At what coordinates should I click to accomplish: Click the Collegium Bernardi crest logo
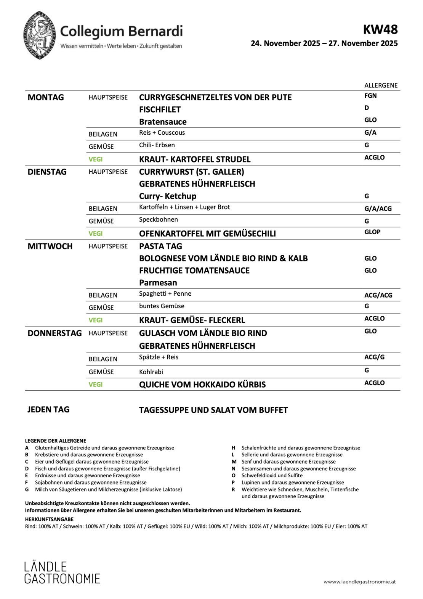[x=40, y=35]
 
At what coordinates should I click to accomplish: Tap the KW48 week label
[x=380, y=29]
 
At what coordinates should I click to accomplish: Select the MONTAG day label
[x=46, y=97]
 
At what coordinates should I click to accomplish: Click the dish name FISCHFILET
[x=160, y=109]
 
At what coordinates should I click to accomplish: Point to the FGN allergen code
[x=370, y=96]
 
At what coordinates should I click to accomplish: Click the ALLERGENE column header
[x=381, y=85]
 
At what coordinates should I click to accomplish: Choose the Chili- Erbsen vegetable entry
[x=157, y=145]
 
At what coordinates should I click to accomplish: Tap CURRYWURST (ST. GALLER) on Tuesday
[x=191, y=172]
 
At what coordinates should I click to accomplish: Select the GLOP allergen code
[x=372, y=232]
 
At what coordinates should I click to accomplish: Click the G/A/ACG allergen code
[x=378, y=208]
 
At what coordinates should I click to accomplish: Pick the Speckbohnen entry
[x=158, y=219]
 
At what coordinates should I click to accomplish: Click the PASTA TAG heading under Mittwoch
[x=160, y=246]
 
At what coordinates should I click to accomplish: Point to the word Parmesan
[x=158, y=283]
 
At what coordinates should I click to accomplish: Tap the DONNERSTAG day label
[x=54, y=333]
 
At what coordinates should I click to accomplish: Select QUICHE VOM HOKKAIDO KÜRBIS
[x=202, y=385]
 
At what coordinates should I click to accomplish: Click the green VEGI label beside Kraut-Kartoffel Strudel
[x=96, y=159]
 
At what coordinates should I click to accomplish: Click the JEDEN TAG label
[x=48, y=409]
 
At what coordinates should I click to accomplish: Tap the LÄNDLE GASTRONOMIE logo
[x=62, y=572]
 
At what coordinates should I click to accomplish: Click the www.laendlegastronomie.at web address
[x=359, y=582]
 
